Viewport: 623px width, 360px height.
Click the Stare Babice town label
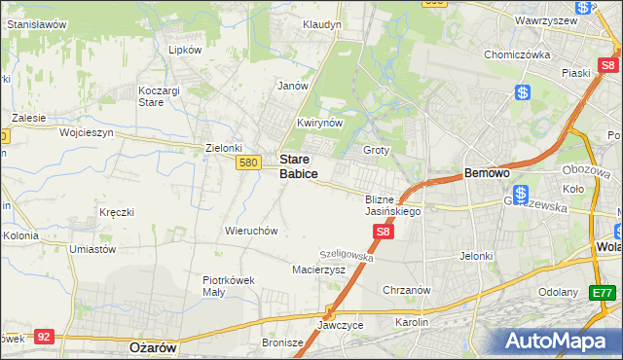298,165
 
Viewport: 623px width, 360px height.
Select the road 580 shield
247,162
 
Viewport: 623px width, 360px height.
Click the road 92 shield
43,336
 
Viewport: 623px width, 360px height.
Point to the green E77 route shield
603,292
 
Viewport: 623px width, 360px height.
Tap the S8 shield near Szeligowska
384,232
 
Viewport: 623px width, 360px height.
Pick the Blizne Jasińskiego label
392,204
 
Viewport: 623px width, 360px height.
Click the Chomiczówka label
518,54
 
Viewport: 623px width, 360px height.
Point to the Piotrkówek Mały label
229,285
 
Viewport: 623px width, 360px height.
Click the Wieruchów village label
252,231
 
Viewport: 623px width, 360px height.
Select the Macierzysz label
319,270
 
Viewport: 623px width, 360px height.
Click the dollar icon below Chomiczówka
523,92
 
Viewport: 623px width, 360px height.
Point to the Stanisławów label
37,23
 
